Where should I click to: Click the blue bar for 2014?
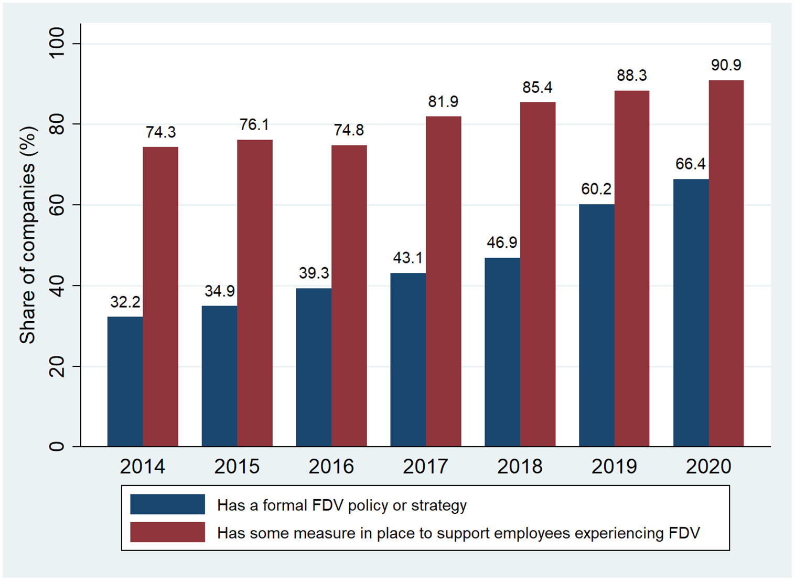click(x=125, y=382)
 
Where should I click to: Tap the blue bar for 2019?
click(x=596, y=325)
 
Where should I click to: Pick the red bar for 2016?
click(x=349, y=296)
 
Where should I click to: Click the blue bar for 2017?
click(x=407, y=360)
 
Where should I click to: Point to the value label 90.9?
click(x=726, y=65)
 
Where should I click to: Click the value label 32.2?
click(x=125, y=302)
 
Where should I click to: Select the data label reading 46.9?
click(x=502, y=242)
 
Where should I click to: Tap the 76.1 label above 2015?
click(x=254, y=125)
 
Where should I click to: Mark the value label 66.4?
click(x=690, y=164)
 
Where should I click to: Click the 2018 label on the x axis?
click(x=520, y=466)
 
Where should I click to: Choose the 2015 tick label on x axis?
click(x=237, y=466)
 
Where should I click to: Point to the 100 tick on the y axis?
click(x=57, y=44)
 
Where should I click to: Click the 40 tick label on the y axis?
click(x=57, y=286)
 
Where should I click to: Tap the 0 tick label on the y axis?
click(x=57, y=447)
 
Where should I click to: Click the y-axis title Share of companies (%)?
click(x=27, y=235)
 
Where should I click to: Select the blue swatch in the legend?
click(x=167, y=504)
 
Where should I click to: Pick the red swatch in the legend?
click(x=167, y=532)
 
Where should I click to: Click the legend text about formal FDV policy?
click(x=341, y=505)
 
